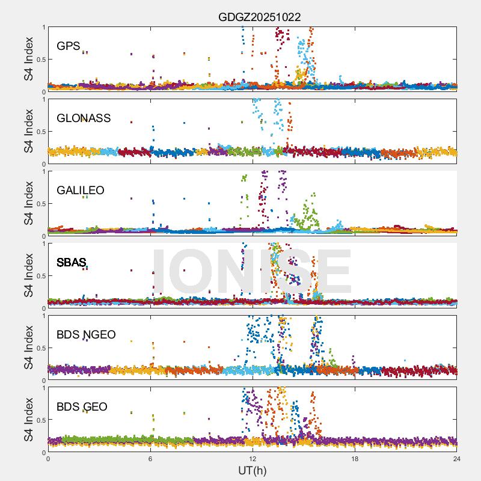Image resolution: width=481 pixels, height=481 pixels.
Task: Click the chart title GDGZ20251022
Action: (259, 17)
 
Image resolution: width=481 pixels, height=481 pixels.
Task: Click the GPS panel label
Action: (69, 46)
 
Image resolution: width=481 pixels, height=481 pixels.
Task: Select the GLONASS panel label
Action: (84, 118)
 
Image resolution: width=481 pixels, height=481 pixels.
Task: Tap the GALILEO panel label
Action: (81, 191)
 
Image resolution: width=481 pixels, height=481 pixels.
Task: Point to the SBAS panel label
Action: (72, 263)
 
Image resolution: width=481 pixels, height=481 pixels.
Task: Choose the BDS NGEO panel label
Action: (86, 335)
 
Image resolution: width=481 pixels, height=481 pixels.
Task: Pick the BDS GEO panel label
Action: (82, 407)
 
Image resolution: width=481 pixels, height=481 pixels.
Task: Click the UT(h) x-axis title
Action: (253, 470)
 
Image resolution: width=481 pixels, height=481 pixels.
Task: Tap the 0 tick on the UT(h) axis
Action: (48, 458)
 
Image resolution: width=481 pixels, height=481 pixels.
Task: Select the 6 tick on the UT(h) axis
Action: (150, 458)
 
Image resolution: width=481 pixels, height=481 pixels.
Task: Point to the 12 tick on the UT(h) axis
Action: (253, 458)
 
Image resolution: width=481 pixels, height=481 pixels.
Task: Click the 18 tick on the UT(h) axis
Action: (355, 458)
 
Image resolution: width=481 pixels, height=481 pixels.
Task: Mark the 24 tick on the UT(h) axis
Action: (456, 458)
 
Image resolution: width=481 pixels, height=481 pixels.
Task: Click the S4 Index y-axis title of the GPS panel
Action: (29, 60)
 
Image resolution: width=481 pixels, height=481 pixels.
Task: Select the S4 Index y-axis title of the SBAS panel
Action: (29, 276)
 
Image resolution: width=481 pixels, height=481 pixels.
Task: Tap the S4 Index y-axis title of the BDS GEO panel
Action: (29, 420)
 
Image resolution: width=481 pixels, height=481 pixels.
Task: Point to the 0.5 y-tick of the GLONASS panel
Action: (39, 132)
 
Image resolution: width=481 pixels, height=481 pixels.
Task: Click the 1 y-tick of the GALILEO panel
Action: (43, 171)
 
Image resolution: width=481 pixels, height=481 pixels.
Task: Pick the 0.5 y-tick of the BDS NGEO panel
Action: (39, 348)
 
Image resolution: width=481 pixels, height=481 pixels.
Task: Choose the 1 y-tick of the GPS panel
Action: (43, 27)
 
